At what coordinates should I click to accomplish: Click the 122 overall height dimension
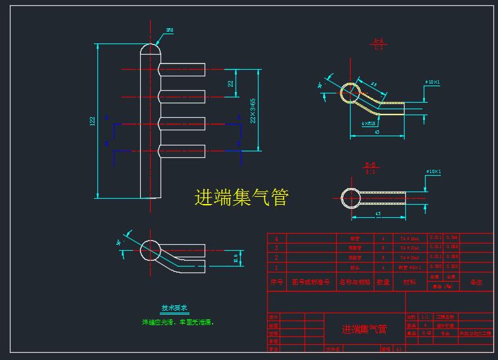93,121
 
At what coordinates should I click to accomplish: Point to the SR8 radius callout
169,30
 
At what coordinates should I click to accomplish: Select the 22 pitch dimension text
231,84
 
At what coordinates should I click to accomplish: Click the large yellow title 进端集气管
241,197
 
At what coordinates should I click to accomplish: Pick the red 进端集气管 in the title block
364,329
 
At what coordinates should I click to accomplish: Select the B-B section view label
370,165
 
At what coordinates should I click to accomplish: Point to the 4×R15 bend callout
368,123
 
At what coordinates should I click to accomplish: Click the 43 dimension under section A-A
376,132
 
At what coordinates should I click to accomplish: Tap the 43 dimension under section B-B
378,214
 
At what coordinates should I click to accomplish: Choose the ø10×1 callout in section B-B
433,172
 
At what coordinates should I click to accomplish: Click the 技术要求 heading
175,307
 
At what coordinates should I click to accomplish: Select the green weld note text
178,322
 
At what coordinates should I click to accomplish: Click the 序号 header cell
276,282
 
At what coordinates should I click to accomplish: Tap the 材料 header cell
409,282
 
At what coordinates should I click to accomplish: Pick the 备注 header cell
476,282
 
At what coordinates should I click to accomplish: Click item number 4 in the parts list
276,238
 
